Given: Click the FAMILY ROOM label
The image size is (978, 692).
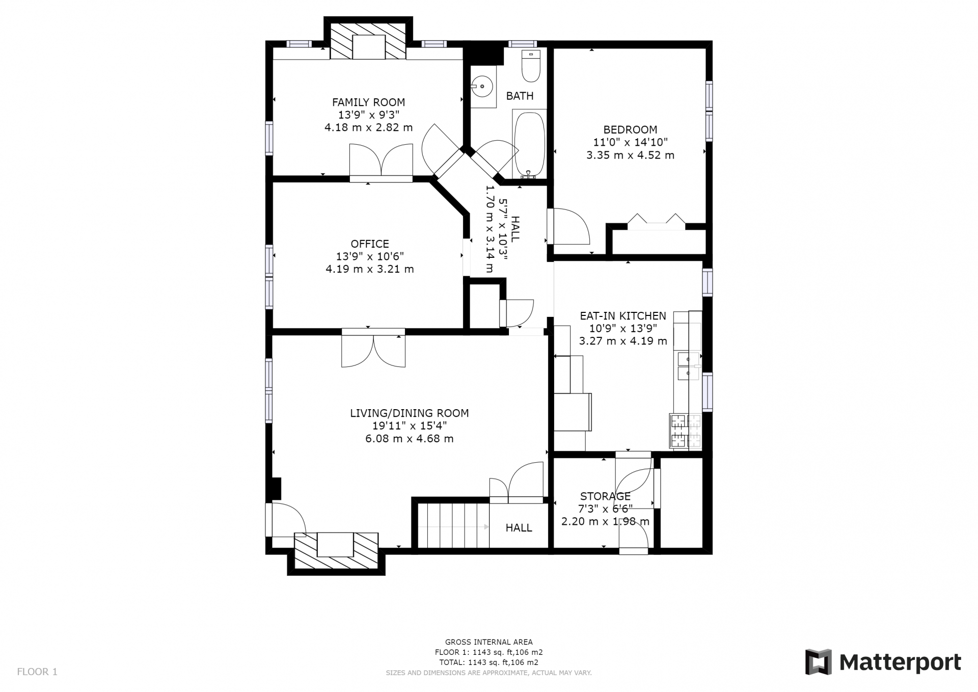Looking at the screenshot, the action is tap(368, 102).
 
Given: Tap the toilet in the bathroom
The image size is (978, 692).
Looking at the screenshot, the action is tap(531, 66).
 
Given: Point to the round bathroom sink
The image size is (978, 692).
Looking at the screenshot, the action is tap(482, 87).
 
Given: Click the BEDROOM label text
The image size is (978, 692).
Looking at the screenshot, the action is tap(630, 130).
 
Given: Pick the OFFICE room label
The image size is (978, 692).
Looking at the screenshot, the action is tap(370, 244).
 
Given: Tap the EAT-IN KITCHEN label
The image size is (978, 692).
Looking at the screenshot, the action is tap(623, 316).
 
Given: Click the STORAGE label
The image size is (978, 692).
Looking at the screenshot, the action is tap(605, 496).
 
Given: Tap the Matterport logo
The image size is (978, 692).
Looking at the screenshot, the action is tap(883, 662).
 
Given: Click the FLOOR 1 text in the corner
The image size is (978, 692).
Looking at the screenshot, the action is tap(37, 672).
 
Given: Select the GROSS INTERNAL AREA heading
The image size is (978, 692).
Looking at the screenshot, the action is tap(489, 642).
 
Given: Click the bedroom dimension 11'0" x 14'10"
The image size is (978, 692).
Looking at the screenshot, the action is tap(630, 143).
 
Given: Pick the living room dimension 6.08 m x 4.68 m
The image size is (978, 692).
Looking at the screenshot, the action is tap(409, 439).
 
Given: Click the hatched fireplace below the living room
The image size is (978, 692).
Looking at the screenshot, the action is tap(336, 551).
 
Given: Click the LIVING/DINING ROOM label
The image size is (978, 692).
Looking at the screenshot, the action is tap(409, 413).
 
